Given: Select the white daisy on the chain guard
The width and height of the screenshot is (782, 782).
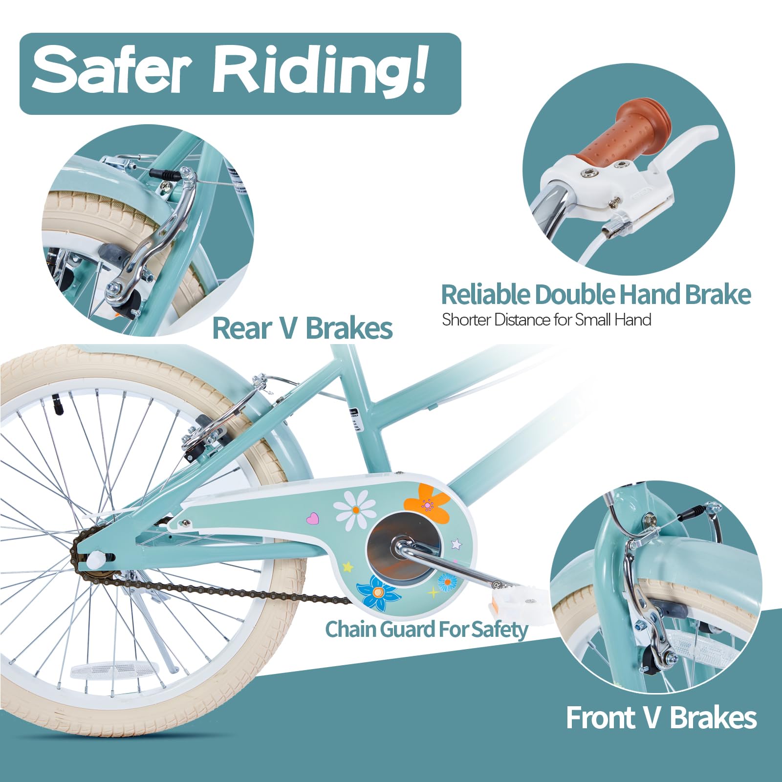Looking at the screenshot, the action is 355,510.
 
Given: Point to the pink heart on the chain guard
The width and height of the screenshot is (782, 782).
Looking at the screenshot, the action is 312,518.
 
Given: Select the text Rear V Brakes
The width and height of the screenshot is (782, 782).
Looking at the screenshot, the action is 303,328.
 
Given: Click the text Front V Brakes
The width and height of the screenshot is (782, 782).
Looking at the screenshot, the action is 661,718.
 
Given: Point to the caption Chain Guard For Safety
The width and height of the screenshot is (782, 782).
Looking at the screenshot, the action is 427,630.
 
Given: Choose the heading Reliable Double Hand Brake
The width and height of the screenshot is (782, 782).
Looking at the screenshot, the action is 596,294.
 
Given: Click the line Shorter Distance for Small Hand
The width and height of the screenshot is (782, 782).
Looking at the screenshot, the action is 546,320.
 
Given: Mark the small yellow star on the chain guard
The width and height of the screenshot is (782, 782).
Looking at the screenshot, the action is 348,567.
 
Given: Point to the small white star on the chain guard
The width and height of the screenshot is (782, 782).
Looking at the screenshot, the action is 456,543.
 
